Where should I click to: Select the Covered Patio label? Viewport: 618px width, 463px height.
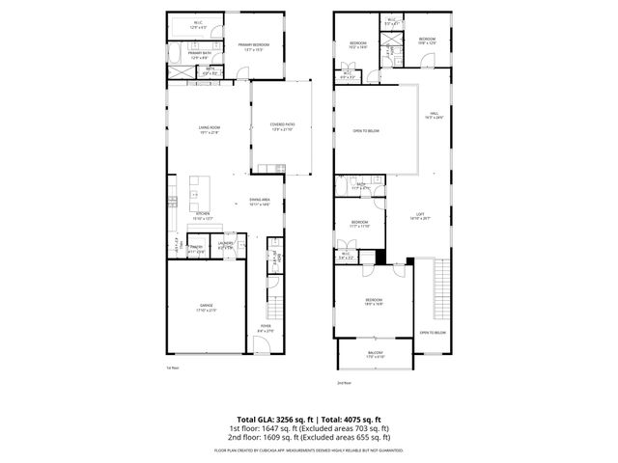(x=283, y=124)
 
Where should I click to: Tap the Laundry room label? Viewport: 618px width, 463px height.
(x=226, y=244)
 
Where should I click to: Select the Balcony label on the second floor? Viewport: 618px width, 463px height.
(x=372, y=354)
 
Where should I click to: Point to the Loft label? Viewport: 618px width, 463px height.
(x=419, y=216)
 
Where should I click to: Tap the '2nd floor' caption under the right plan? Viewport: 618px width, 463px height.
(x=343, y=383)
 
